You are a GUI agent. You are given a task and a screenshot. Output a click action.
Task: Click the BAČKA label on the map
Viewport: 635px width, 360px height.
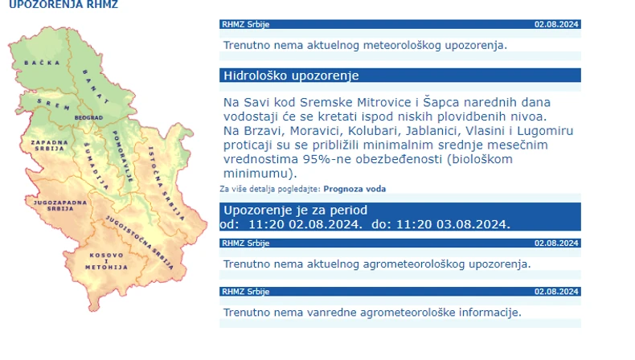click(37, 62)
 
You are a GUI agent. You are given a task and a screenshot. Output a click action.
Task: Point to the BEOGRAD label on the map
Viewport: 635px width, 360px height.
click(88, 117)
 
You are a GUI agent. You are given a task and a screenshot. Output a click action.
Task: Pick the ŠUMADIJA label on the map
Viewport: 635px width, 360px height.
click(95, 159)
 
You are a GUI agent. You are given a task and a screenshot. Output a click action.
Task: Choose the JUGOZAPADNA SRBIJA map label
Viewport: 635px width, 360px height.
click(54, 204)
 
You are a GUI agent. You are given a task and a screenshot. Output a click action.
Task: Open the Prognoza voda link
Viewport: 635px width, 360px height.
click(354, 189)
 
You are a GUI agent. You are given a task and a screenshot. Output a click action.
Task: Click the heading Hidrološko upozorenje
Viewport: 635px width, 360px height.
click(290, 76)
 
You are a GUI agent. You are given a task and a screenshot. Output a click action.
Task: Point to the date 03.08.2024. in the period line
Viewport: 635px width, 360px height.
click(473, 223)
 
